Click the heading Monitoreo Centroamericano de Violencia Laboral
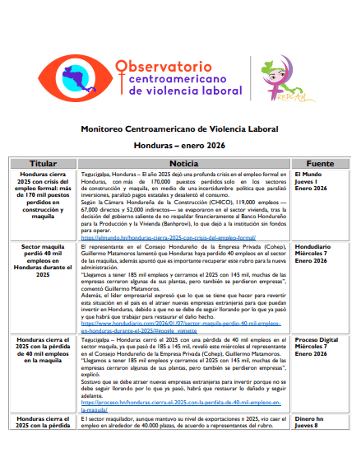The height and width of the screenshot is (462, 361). click(x=179, y=128)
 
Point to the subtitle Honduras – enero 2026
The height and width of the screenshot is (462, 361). click(x=179, y=144)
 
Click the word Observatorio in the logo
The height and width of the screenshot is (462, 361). click(x=168, y=66)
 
